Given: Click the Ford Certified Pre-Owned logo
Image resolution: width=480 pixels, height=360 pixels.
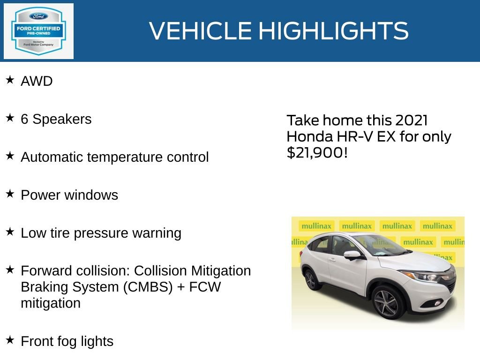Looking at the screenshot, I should coord(38,31).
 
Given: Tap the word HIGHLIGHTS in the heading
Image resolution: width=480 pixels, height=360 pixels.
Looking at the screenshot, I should coord(333,31).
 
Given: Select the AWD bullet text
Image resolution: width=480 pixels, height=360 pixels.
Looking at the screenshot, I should coord(37,81).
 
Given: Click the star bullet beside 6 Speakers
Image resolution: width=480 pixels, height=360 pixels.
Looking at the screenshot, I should coord(10,118).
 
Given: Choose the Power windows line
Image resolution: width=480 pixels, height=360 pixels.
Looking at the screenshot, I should coord(69,195).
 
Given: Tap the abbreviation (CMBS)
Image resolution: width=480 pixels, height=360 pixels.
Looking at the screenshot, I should coord(148,287).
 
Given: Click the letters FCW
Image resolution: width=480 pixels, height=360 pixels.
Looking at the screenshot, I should coord(205,287).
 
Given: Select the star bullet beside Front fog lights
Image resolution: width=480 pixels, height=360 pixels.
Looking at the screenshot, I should coord(10,340).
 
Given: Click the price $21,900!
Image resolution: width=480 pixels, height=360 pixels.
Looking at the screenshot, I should coord(317,152).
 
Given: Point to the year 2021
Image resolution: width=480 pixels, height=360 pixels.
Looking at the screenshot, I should coord(411,120).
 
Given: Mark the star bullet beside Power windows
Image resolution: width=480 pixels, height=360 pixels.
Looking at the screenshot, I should coord(10,194).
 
